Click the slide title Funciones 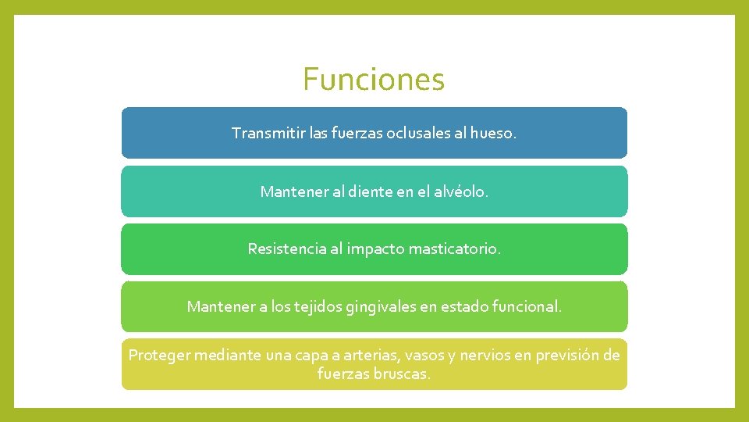(374, 79)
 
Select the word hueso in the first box (494, 134)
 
